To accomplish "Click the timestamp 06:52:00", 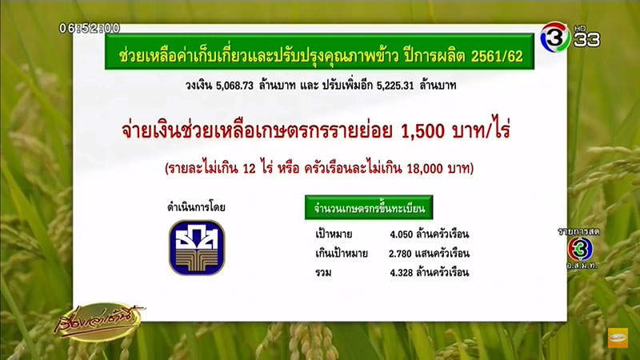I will click(x=90, y=28).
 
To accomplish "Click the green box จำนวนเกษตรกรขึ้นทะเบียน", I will click(x=369, y=209).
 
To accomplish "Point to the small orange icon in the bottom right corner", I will click(x=618, y=338).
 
